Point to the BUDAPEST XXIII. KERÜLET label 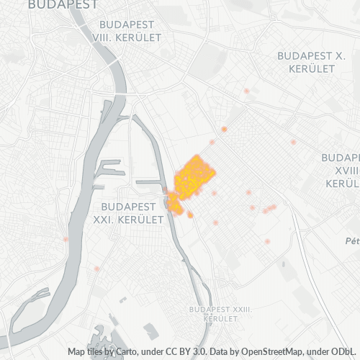click(x=220, y=312)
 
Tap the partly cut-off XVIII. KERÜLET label click(x=341, y=170)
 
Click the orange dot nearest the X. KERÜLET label click(x=246, y=91)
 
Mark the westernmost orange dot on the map click(x=66, y=239)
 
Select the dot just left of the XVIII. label click(x=293, y=142)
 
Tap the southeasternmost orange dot click(x=267, y=241)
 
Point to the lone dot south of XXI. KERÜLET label click(x=96, y=269)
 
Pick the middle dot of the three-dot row click(x=269, y=209)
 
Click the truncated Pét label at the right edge click(x=352, y=240)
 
